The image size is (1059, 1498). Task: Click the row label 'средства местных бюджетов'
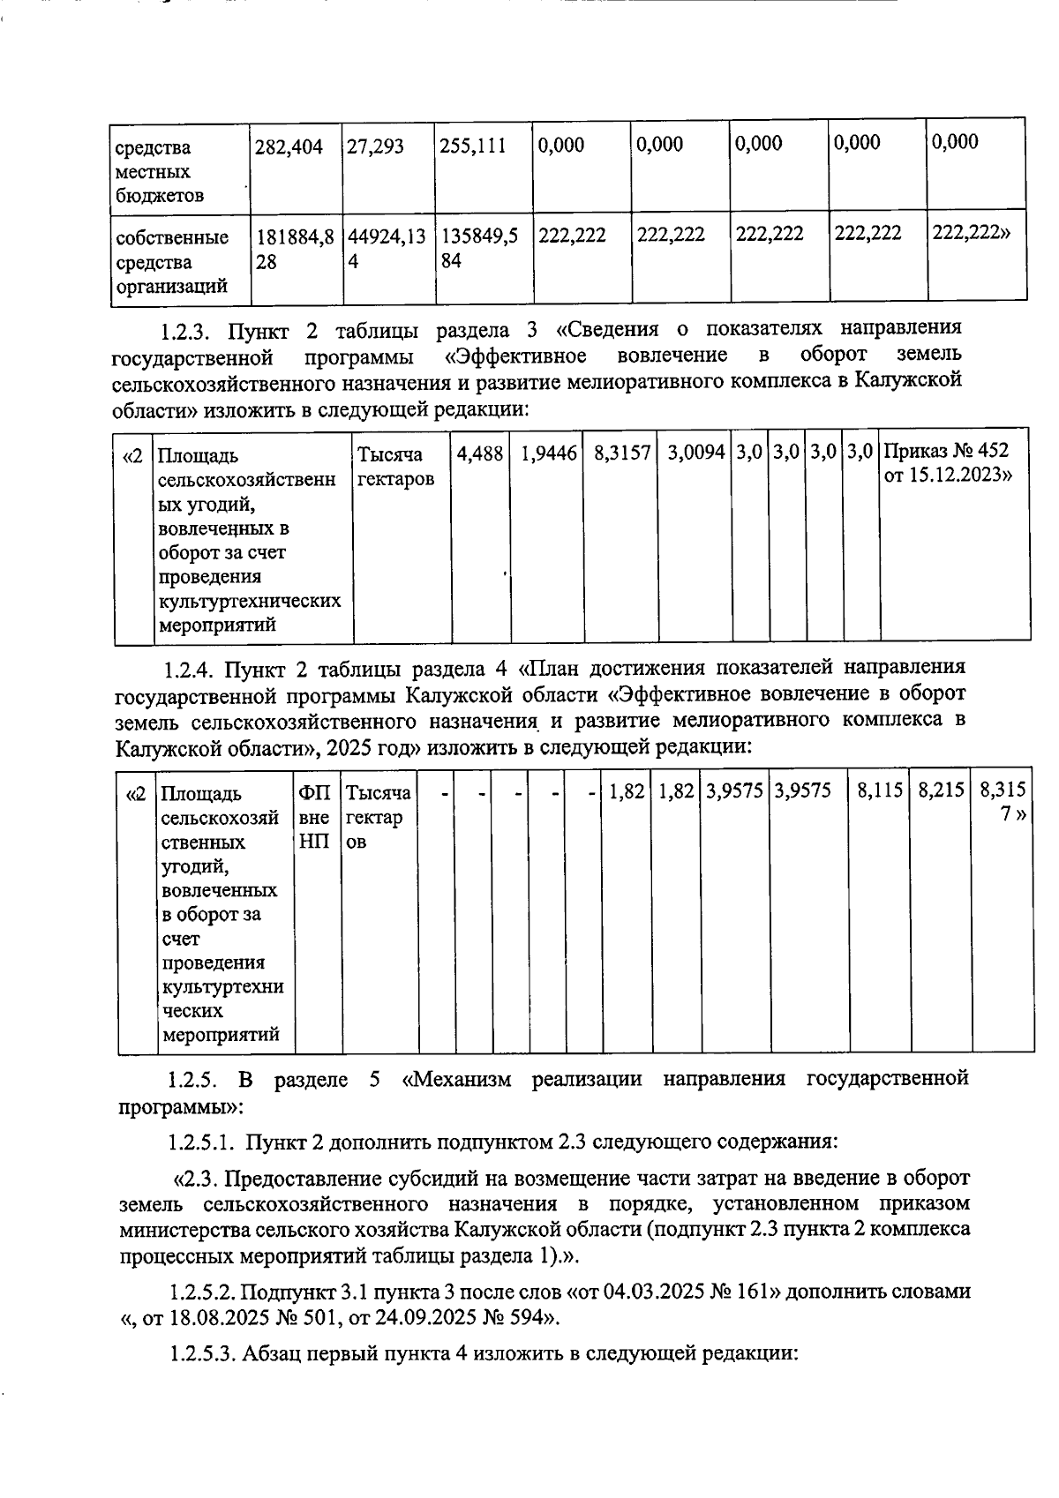pos(154,171)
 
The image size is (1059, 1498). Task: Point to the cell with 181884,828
pos(294,249)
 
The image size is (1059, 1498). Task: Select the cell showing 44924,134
pos(386,249)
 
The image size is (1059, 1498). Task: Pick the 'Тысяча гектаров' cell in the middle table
pos(394,467)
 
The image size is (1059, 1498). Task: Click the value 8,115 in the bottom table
pos(880,791)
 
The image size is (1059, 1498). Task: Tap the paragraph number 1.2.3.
pos(184,332)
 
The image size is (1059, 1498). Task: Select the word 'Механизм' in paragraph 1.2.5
pos(462,1079)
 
